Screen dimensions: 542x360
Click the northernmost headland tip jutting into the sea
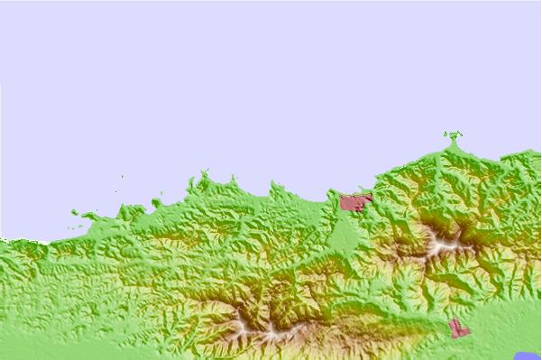pos(453,135)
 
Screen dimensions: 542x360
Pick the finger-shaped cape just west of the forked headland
pos(190,185)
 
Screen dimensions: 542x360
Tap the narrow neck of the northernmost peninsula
pos(453,145)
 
